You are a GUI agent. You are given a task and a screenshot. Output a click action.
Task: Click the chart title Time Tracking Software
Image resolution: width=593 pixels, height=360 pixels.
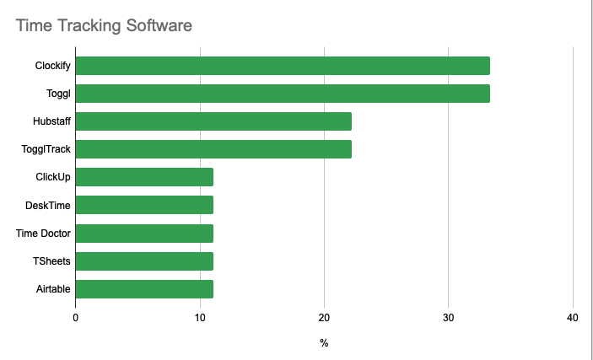coord(104,25)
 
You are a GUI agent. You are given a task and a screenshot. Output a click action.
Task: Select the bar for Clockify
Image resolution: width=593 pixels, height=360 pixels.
coord(283,66)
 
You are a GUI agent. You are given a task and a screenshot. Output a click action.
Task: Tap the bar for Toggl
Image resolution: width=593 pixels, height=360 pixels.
coord(283,94)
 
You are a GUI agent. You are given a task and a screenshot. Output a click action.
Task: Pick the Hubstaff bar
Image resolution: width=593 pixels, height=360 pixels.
coord(213,121)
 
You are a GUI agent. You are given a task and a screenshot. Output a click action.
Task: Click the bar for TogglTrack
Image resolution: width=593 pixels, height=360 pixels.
coord(213,149)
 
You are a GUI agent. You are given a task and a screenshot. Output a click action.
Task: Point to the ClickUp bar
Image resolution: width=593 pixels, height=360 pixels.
coord(144,177)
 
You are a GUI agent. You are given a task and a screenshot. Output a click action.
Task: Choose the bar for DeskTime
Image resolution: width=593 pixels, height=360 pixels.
coord(144,205)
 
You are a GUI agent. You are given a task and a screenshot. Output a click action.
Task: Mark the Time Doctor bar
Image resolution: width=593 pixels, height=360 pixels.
coord(144,234)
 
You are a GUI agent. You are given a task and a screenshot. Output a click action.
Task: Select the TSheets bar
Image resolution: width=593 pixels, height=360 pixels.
coord(144,261)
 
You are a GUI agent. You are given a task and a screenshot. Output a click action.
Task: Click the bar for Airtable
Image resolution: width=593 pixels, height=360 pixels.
coord(144,289)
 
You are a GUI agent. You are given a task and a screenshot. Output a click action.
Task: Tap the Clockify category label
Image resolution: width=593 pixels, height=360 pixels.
coord(53,66)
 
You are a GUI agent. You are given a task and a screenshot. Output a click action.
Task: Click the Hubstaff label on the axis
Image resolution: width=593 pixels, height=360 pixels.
coord(51,121)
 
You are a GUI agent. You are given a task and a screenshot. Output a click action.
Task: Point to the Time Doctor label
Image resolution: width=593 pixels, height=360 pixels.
coord(44,234)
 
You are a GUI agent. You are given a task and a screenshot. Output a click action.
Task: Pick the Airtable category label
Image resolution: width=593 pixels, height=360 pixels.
coord(53,289)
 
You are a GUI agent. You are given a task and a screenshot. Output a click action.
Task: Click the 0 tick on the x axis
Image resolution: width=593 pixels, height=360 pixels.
coord(76,318)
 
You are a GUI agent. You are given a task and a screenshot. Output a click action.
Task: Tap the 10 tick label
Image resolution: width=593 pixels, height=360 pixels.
coord(200,318)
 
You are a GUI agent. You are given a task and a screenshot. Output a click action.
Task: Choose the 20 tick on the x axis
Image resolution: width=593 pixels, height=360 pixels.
coord(324,318)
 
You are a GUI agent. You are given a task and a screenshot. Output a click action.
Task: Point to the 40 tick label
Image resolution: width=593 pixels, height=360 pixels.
coord(573,318)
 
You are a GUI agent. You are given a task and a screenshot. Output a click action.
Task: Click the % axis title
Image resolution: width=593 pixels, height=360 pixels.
coord(324,344)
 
